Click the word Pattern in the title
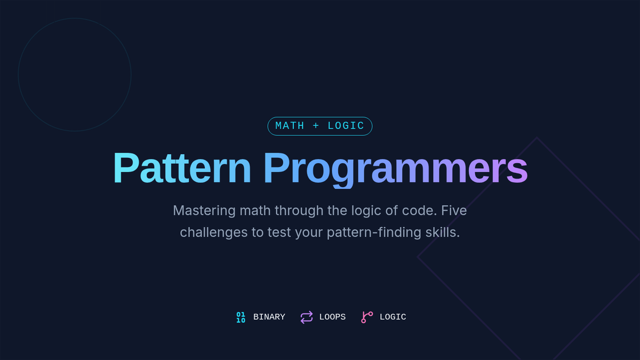click(x=182, y=167)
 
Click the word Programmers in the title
click(x=395, y=170)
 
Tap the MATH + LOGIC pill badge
click(x=319, y=126)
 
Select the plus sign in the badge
click(x=316, y=126)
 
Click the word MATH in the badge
click(x=290, y=126)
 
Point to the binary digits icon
click(x=241, y=317)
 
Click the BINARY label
click(x=269, y=317)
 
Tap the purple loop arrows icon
click(x=307, y=317)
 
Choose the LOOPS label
click(x=332, y=317)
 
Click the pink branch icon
click(x=367, y=317)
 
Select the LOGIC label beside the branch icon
click(x=393, y=317)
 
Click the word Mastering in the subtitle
click(x=204, y=211)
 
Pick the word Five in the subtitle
click(x=454, y=211)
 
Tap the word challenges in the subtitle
click(x=213, y=233)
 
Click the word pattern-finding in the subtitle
click(x=374, y=233)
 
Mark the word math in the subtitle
click(x=255, y=211)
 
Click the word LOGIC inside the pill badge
click(x=346, y=126)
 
